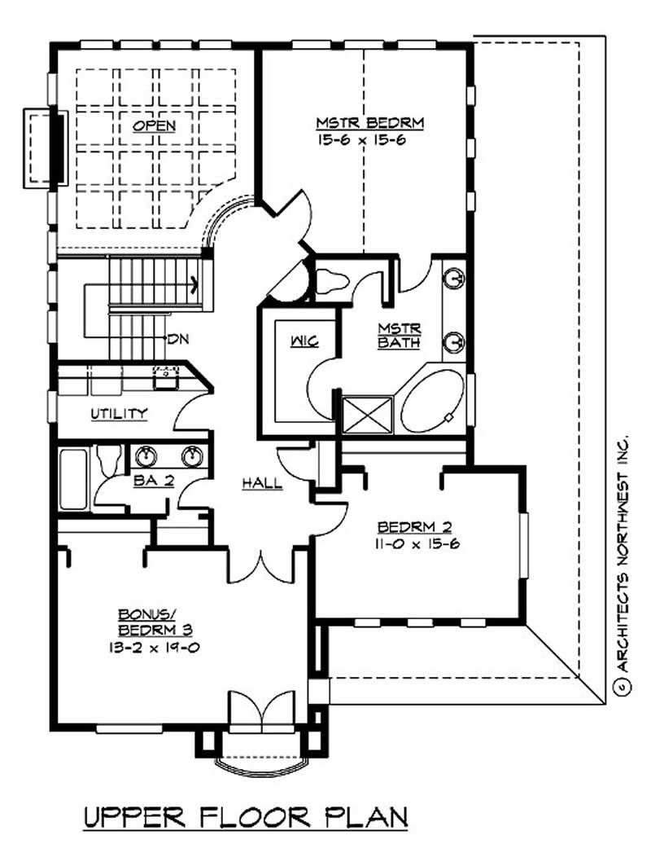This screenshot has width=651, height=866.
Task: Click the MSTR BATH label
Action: click(399, 336)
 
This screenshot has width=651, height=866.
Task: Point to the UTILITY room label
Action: click(119, 414)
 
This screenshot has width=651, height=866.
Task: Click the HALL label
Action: click(262, 483)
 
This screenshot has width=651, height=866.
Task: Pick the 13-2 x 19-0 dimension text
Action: click(153, 648)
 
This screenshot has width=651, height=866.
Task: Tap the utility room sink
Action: click(167, 376)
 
